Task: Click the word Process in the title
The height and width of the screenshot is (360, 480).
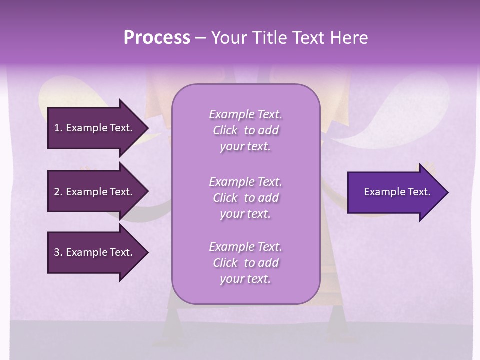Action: pos(157,38)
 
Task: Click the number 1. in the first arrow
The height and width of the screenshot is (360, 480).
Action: pos(58,128)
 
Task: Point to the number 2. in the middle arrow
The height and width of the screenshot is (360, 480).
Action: pos(58,192)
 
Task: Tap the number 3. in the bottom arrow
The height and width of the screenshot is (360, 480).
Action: pos(58,252)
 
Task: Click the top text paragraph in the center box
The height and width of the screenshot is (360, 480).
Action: pos(245,130)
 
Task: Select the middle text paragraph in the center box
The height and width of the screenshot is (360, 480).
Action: pos(245,198)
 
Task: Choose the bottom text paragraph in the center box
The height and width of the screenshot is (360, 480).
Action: pos(245,263)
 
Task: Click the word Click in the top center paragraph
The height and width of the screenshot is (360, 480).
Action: pos(225,130)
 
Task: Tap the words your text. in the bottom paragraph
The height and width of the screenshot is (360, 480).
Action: pos(245,279)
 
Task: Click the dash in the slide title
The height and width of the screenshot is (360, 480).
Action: pos(200,38)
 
